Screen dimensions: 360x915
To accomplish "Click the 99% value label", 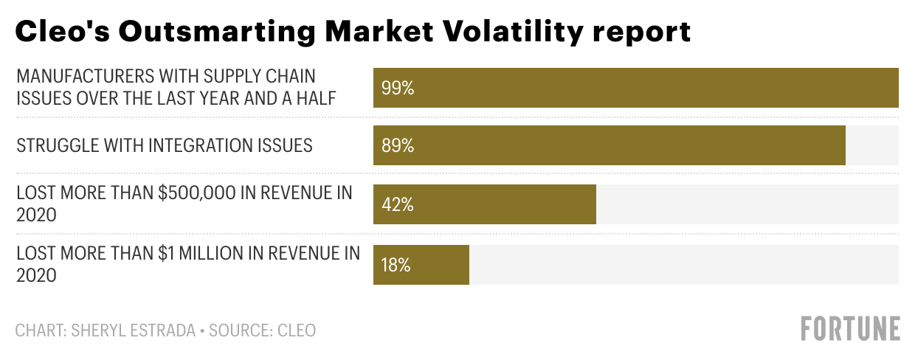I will (398, 88).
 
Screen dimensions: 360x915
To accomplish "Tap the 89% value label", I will (398, 145).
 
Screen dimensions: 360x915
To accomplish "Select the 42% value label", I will (398, 204).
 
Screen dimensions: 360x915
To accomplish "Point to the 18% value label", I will (396, 265).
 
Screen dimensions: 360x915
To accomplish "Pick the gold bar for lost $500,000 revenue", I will (502, 204).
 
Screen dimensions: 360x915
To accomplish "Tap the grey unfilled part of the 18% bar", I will (683, 265).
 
